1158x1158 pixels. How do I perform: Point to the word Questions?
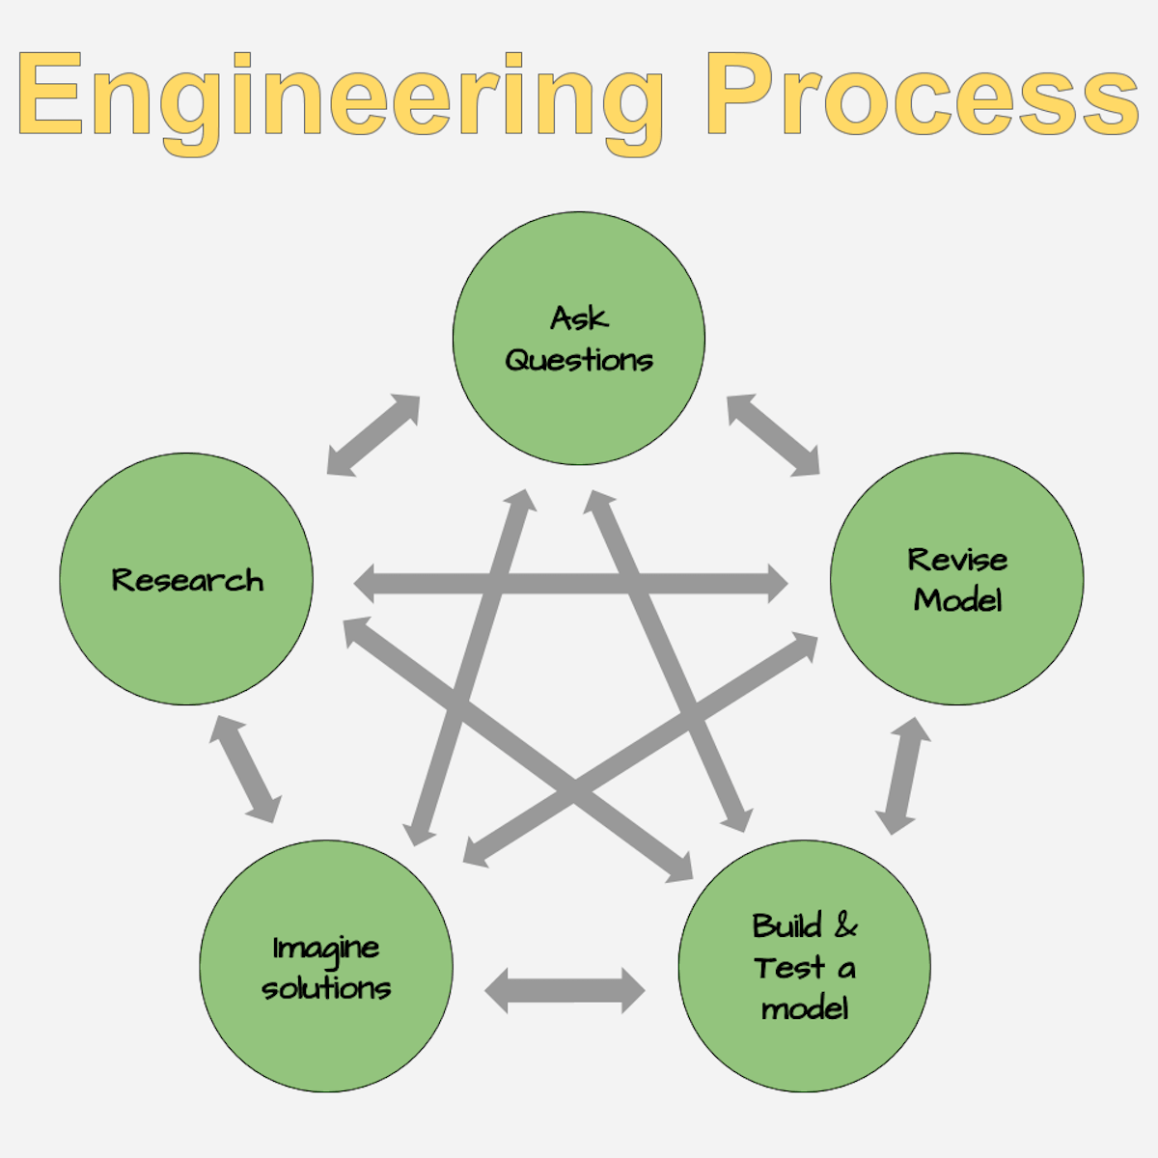[579, 360]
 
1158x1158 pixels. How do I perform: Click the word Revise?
[956, 560]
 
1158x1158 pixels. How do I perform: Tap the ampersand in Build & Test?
[845, 924]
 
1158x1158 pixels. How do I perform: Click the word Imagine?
[326, 949]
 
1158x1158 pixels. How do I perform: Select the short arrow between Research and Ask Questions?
[373, 435]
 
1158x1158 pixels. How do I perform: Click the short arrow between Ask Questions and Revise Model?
[773, 435]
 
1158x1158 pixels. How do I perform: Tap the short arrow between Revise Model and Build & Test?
[903, 776]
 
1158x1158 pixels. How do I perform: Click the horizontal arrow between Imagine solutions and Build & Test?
[565, 991]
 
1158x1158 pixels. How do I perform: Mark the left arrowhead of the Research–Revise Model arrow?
[365, 583]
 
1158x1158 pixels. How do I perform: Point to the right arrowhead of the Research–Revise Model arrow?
[778, 583]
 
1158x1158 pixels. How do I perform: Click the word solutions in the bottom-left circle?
[326, 988]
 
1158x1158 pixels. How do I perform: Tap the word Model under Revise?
[957, 600]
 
